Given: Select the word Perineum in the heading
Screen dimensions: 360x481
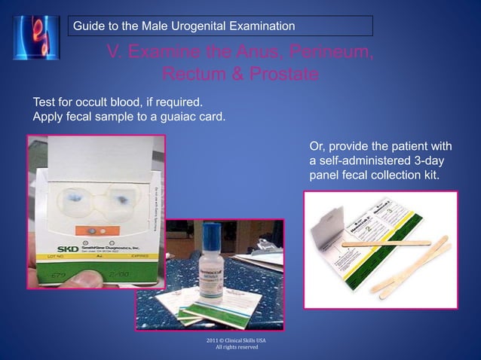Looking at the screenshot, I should click(326, 53).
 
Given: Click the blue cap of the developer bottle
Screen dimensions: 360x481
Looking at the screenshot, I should click(211, 232).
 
